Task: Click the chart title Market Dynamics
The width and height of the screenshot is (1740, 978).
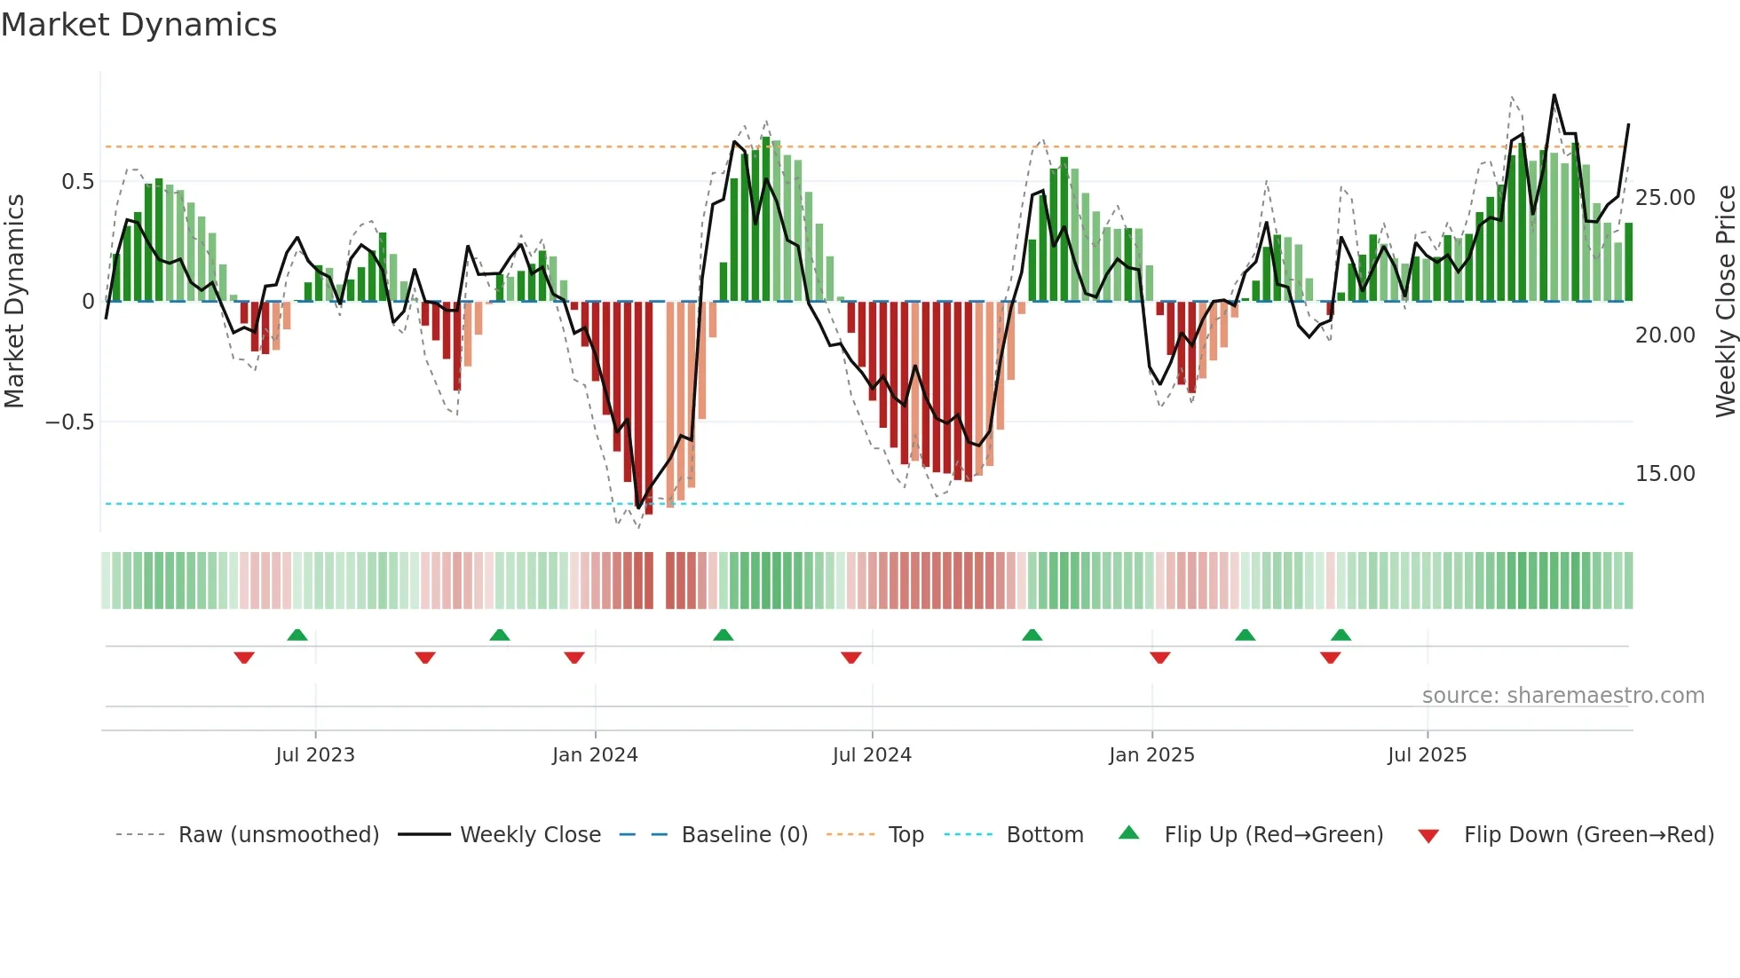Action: (138, 25)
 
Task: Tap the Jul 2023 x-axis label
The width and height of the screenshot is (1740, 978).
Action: (315, 755)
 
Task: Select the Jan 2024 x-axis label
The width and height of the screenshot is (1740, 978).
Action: (595, 755)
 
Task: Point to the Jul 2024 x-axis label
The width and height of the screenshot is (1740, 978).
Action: (872, 755)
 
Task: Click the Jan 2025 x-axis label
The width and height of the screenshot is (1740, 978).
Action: (1151, 755)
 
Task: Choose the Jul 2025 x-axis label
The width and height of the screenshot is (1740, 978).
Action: (1427, 755)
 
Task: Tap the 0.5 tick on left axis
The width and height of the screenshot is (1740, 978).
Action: (77, 182)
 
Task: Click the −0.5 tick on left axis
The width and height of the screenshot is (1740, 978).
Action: (70, 422)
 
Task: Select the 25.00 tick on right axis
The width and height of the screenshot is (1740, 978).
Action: (1665, 198)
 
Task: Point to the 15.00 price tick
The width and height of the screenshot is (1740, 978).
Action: (1665, 474)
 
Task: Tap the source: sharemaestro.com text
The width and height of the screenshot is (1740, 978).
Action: (1562, 696)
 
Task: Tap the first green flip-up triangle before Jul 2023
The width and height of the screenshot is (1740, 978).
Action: (297, 635)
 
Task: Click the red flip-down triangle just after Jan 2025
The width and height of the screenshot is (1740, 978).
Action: (1159, 658)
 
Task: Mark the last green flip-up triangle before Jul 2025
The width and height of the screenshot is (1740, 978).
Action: (1341, 635)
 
